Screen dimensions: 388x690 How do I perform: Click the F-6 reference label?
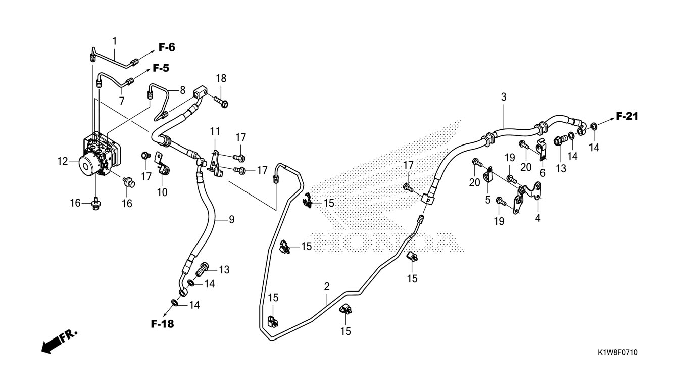[x=167, y=47]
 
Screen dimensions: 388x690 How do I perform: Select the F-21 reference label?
[x=627, y=117]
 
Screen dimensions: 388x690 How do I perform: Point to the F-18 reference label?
[x=162, y=324]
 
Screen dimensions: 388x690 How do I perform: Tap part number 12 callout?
[x=62, y=162]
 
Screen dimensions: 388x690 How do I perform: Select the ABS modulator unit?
[x=98, y=154]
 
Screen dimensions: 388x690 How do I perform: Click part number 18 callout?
[x=221, y=78]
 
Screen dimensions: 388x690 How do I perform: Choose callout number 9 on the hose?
[x=231, y=220]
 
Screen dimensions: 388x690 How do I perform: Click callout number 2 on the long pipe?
[x=327, y=286]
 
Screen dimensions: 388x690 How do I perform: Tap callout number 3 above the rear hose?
[x=503, y=96]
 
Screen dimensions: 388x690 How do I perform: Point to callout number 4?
[x=537, y=218]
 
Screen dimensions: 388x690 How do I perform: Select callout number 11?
[x=215, y=132]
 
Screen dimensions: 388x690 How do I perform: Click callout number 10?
[x=162, y=192]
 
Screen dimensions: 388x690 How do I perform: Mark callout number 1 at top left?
[x=115, y=40]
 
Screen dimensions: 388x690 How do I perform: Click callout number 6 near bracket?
[x=543, y=173]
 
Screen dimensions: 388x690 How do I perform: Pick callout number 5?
[x=487, y=200]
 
